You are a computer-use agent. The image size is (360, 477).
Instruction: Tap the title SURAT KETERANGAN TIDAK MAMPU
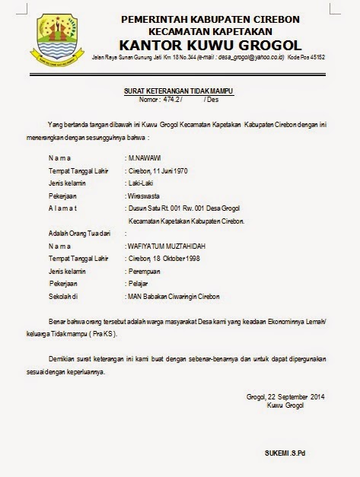point(179,91)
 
